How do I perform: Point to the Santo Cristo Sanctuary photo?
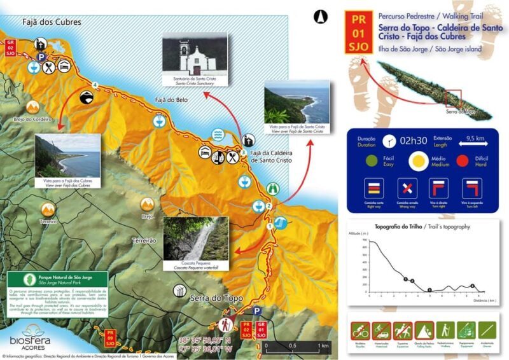[x=195, y=55]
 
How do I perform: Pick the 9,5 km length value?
[x=476, y=137]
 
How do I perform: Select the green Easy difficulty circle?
[x=370, y=160]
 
